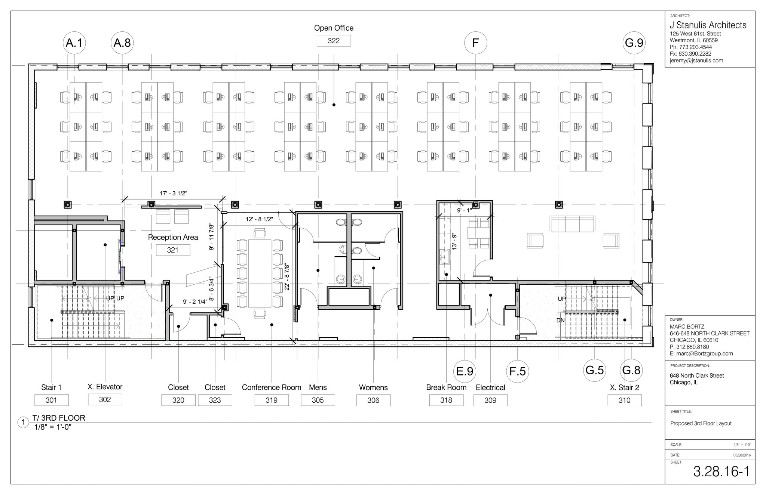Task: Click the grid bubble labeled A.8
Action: coord(122,43)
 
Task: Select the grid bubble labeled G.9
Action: coord(634,43)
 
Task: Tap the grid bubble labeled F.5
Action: coord(518,371)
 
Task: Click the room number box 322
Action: coord(334,41)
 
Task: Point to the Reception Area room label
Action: coord(173,237)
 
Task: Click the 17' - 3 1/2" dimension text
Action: coord(174,193)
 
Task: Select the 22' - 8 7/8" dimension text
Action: coord(287,276)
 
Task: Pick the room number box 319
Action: coord(272,400)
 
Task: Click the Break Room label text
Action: coord(446,387)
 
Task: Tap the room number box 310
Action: coord(624,400)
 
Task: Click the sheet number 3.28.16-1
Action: coord(721,471)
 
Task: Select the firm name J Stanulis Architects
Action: coord(708,25)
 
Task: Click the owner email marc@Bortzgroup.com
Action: coord(701,353)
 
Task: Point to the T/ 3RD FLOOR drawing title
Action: coord(59,418)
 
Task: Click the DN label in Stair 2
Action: coord(560,321)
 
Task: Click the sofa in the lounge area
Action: coord(572,224)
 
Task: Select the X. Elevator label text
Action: coord(105,387)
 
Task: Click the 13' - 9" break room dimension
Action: coord(454,242)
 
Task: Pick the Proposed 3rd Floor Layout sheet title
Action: coord(701,423)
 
